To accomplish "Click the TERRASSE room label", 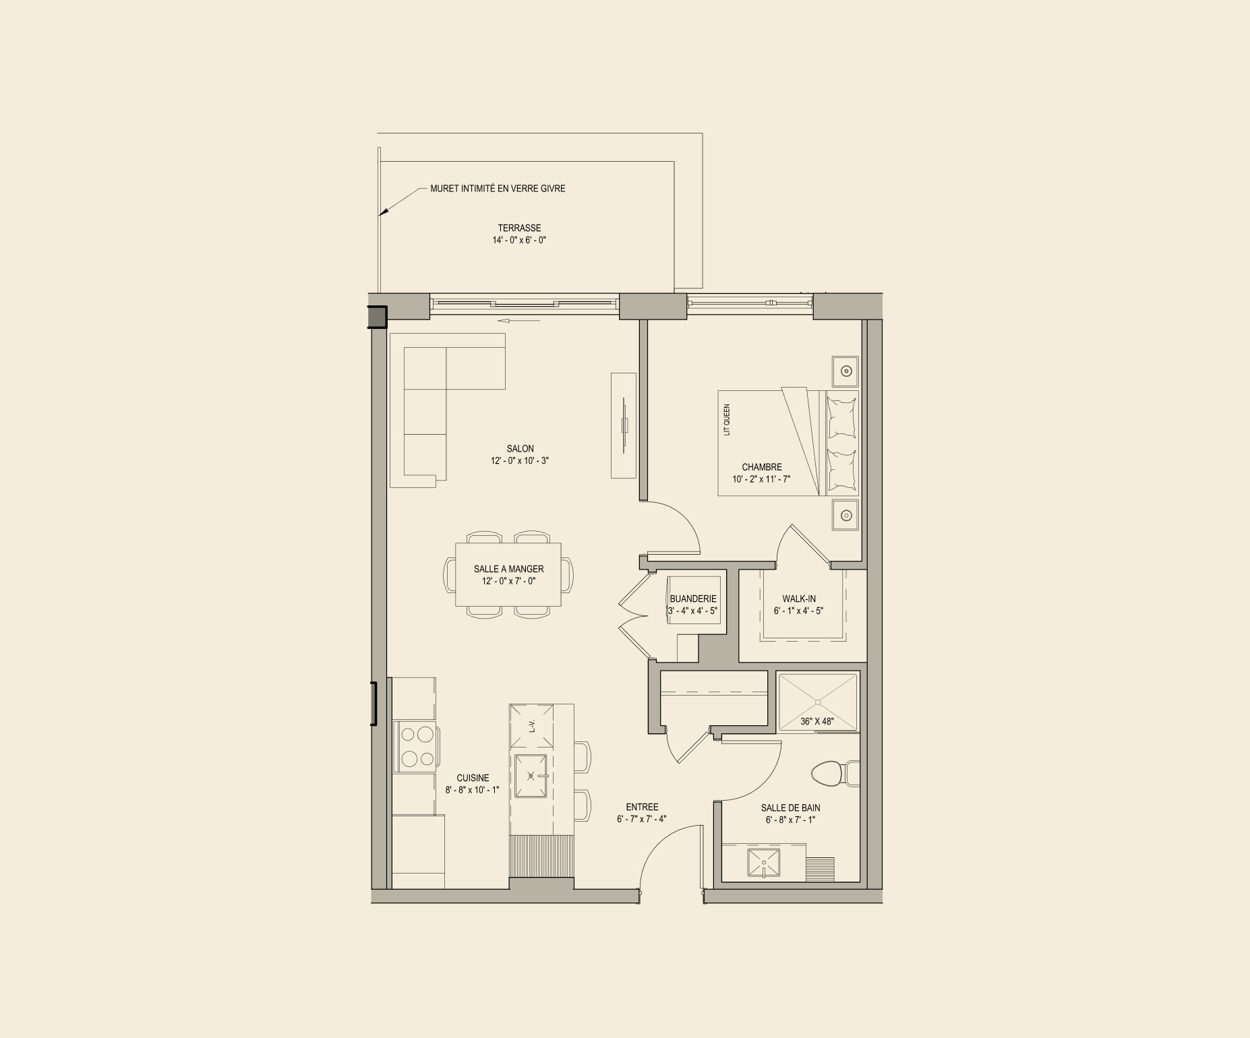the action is point(519,228).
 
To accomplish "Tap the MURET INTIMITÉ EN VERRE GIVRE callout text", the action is point(498,189).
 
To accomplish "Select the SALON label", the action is point(520,449).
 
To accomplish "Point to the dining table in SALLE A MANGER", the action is point(508,575).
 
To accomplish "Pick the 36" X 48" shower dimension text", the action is point(817,721).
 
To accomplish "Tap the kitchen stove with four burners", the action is point(417,746).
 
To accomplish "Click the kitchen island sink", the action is point(531,776).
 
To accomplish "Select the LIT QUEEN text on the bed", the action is point(727,420).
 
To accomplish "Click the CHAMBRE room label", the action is point(762,467).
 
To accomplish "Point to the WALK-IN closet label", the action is point(799,599).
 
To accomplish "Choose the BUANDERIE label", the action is point(693,599).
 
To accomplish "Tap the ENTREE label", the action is point(642,807).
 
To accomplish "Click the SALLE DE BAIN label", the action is point(790,807).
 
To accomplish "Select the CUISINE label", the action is point(473,778).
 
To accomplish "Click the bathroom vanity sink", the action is point(763,863).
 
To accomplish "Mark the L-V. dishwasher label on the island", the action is point(532,726).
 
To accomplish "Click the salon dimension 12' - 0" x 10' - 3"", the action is point(520,461).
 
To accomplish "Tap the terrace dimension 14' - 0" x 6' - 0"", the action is point(519,240).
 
